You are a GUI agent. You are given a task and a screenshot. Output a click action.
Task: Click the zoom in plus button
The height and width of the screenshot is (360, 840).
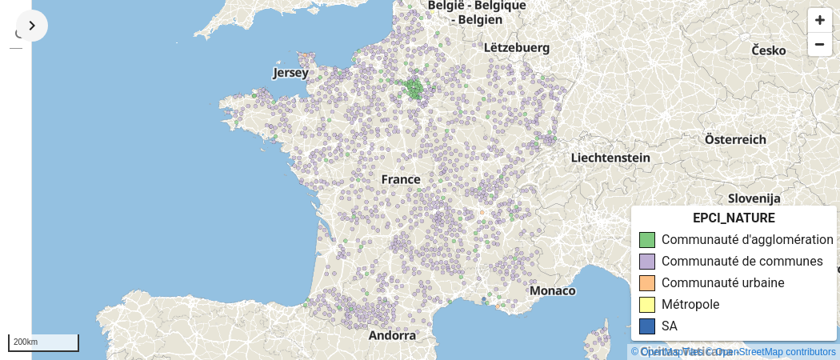[819, 20]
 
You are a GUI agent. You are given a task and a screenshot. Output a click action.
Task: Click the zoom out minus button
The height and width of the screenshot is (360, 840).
[819, 44]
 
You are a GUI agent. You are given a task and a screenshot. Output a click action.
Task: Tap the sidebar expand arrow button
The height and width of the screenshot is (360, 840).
[32, 26]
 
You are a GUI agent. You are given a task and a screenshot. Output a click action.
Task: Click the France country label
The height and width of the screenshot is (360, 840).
[401, 179]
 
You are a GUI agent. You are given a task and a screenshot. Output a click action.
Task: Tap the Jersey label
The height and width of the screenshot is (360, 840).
[290, 73]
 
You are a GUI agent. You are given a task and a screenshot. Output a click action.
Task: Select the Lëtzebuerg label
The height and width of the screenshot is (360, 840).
[517, 48]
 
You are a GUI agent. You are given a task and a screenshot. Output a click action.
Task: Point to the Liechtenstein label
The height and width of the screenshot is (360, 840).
[610, 158]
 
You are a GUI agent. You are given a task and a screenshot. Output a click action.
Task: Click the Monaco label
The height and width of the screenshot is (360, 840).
[552, 290]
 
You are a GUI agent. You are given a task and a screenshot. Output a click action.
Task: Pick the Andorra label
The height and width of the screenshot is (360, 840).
[393, 335]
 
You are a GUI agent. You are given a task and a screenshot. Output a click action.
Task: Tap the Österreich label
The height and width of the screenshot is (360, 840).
[730, 139]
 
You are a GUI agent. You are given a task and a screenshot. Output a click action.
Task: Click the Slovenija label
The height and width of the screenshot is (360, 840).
[754, 198]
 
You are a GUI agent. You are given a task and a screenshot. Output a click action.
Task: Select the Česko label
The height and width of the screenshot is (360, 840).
[768, 50]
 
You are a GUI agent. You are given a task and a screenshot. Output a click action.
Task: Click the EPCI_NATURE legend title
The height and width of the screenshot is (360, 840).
[734, 218]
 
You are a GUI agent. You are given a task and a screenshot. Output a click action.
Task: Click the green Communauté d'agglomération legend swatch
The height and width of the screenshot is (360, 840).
[647, 240]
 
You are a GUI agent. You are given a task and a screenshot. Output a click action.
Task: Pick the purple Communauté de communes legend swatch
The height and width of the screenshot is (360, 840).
[647, 262]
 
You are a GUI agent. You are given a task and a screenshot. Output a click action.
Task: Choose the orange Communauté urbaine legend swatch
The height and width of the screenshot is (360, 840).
[647, 283]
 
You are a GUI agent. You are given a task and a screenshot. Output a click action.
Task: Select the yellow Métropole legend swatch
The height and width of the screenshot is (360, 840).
[647, 305]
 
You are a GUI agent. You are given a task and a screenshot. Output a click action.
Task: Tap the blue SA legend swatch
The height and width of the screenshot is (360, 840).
[647, 326]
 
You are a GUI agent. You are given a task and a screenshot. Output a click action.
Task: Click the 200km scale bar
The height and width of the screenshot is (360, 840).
[43, 342]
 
